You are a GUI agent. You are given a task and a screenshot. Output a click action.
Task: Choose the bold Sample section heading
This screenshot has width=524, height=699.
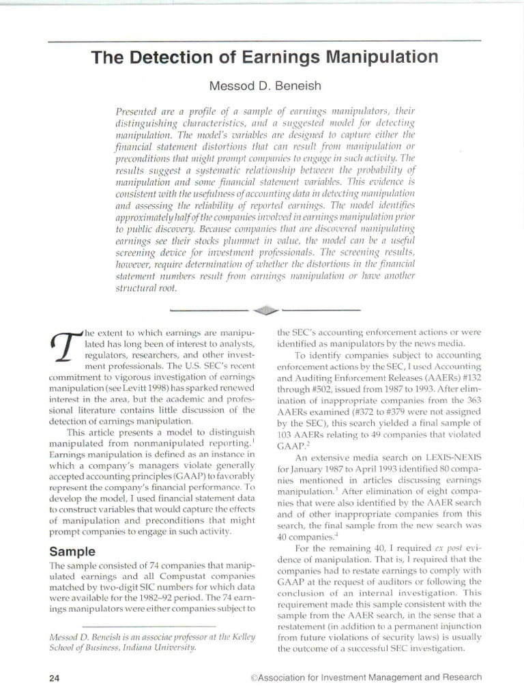click(73, 551)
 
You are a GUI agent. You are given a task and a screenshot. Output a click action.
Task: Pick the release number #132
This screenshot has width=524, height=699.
click(469, 374)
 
